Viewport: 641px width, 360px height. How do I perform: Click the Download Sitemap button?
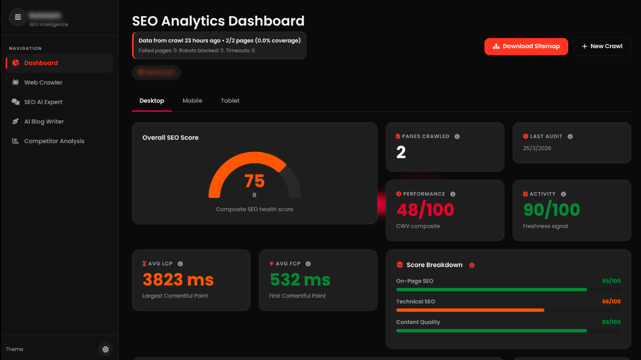(526, 47)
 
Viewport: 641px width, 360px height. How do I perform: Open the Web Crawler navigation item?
(43, 83)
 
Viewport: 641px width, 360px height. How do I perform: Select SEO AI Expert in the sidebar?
(43, 102)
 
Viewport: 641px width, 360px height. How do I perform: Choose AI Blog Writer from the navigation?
(44, 122)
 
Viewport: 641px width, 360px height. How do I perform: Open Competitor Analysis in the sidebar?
(54, 141)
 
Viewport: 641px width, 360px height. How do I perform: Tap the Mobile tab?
(192, 101)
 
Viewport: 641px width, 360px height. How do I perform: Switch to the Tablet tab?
(230, 101)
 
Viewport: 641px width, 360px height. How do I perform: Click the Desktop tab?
(152, 101)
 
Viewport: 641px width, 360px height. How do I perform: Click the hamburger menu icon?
(18, 17)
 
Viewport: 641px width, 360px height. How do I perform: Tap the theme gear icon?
(105, 349)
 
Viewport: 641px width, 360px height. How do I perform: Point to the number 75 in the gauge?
(254, 181)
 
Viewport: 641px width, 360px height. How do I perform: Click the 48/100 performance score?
(425, 210)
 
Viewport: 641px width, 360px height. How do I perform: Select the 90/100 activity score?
(551, 210)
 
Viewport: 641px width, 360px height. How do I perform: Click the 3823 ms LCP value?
(178, 280)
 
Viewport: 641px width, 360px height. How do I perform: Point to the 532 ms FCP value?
(300, 280)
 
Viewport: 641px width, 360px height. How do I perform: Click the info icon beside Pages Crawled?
(457, 137)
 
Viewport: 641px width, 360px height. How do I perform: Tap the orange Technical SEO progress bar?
(470, 310)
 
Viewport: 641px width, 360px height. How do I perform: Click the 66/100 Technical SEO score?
(611, 301)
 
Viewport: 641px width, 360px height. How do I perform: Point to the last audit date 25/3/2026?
(537, 148)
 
